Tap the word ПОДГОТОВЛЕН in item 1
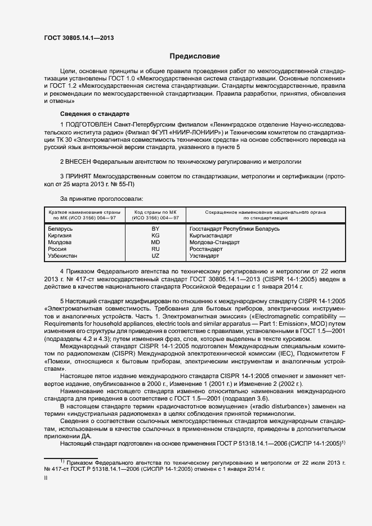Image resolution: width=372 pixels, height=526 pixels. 91,124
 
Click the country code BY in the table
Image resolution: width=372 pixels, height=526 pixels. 155,229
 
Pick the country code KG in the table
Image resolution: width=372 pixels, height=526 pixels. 155,236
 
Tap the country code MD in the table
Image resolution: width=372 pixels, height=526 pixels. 155,242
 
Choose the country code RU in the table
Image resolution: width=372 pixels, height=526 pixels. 155,249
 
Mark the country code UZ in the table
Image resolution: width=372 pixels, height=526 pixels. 155,256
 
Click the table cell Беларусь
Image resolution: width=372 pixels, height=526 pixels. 61,229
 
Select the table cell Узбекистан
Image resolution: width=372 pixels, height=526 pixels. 64,256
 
